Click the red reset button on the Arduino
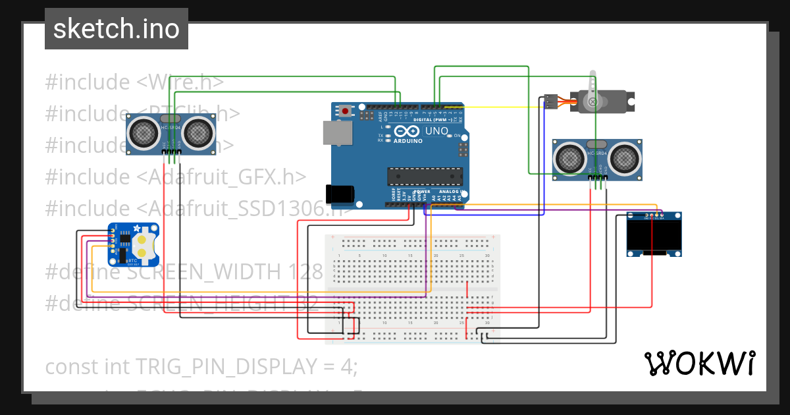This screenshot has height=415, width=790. tap(345, 111)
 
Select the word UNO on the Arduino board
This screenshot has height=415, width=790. tap(436, 131)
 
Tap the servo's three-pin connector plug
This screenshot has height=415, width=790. tap(550, 102)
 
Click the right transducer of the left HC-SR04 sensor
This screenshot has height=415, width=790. tap(198, 133)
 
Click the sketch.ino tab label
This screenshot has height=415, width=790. tap(117, 29)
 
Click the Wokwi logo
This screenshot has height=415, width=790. tap(699, 363)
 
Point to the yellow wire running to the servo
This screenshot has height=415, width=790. tap(500, 107)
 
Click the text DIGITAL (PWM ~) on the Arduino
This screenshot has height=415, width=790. tap(431, 121)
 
